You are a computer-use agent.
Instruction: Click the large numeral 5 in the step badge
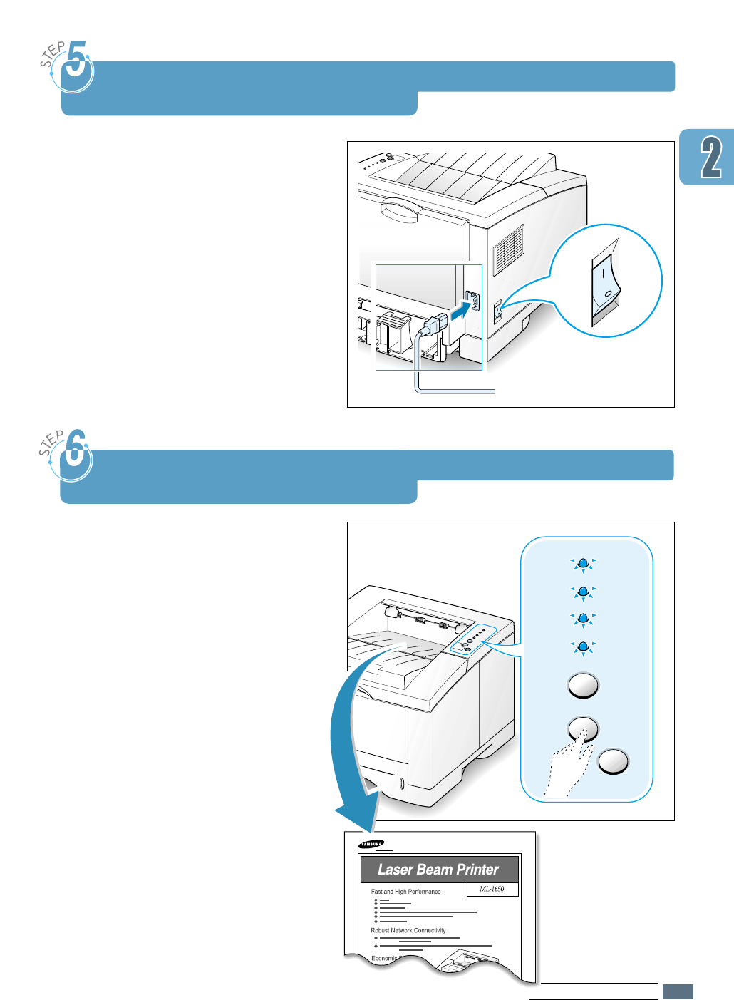click(78, 64)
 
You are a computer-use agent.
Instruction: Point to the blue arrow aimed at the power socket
click(460, 309)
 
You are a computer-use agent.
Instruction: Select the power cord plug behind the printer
click(435, 325)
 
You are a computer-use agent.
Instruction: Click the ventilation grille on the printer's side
click(509, 249)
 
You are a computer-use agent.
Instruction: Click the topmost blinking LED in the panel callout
click(583, 564)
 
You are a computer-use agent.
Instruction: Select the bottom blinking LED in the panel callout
click(583, 647)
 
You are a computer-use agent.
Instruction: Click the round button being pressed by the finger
click(582, 728)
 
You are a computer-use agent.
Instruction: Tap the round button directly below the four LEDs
click(583, 686)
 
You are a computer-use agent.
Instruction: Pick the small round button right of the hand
click(614, 761)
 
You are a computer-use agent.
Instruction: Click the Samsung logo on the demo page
click(371, 844)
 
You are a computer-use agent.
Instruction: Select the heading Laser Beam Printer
click(438, 870)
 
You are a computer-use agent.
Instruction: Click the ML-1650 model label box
click(492, 889)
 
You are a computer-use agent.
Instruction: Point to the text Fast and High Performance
click(405, 892)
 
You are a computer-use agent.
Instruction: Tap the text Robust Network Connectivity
click(408, 930)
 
